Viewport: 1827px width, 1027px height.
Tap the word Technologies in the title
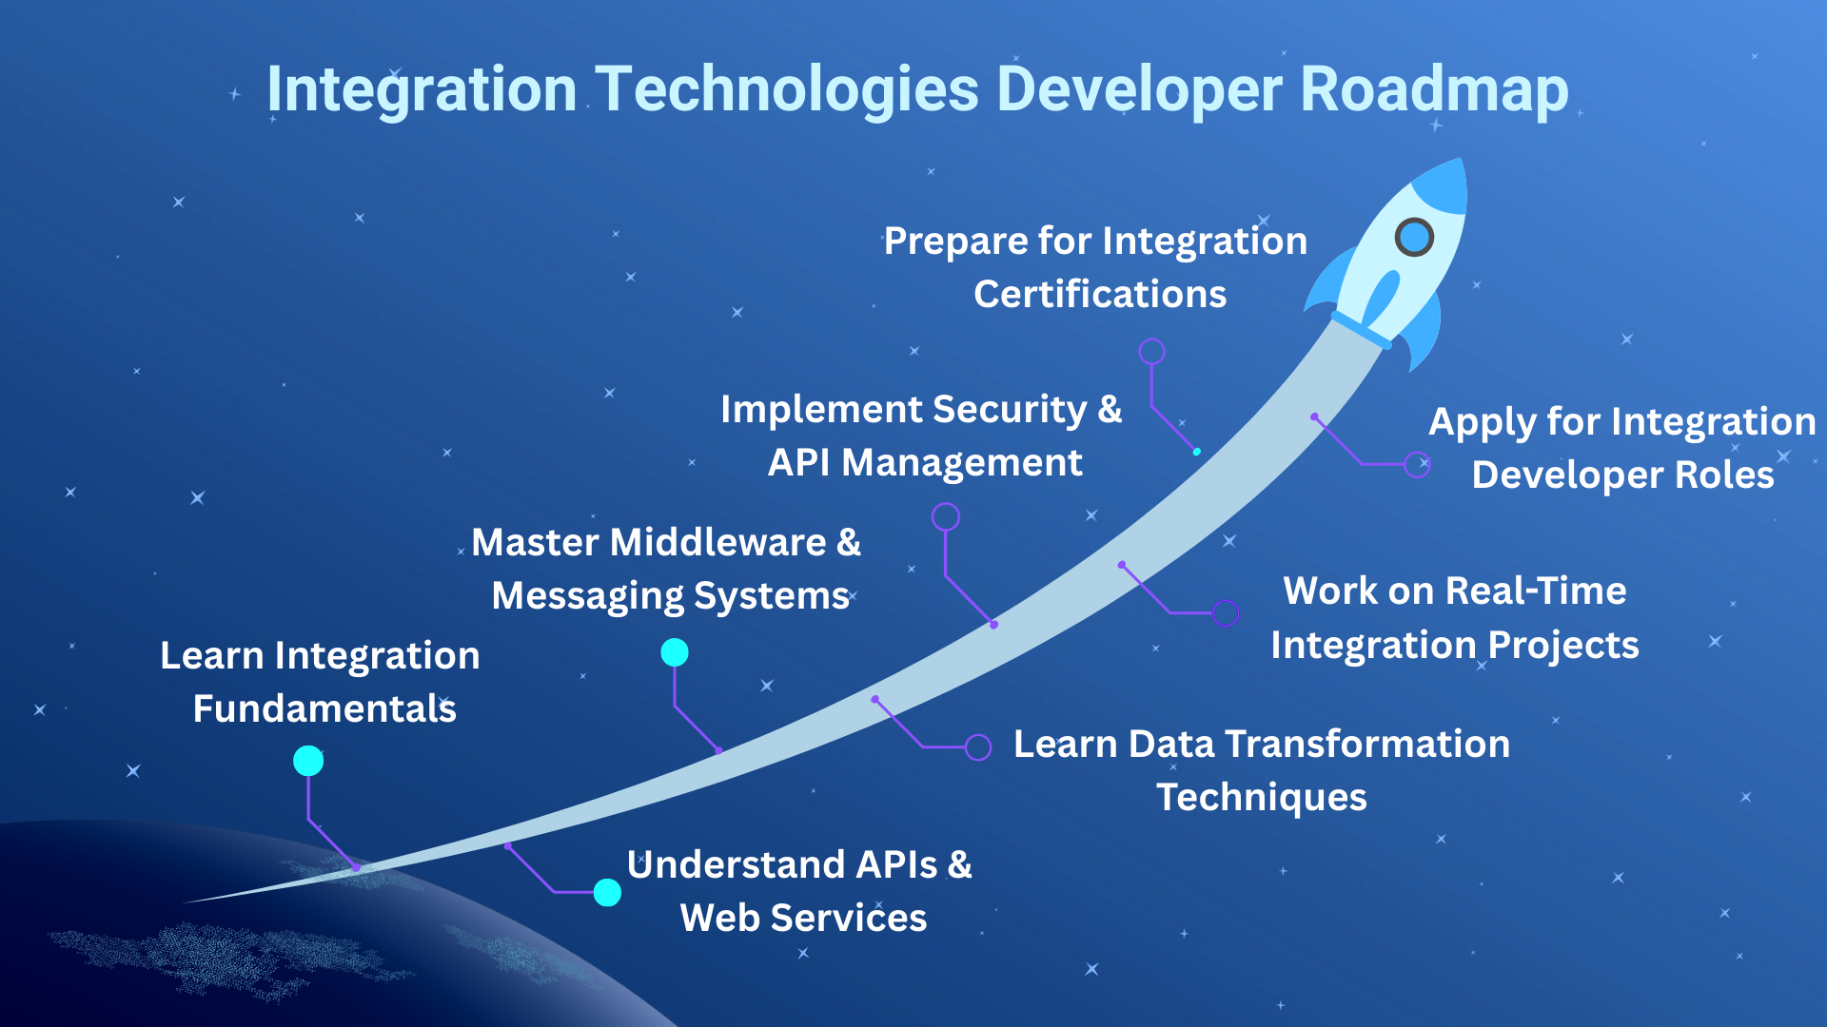788,89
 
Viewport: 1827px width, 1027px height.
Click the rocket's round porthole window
1414,237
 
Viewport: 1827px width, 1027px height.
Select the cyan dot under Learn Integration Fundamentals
308,761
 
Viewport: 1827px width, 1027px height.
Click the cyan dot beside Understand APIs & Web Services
607,892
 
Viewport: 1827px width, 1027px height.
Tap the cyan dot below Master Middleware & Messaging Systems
675,652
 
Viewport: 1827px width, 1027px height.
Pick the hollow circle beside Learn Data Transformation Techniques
978,746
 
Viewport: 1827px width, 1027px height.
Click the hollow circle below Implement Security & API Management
945,516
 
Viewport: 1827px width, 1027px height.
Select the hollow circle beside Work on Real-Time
1226,613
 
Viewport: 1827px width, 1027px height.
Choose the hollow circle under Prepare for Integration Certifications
1151,352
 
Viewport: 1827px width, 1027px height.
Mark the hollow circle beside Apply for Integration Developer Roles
1418,464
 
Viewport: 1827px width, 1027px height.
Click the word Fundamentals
324,708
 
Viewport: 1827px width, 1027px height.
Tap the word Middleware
717,542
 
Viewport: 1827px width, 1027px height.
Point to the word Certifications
1100,294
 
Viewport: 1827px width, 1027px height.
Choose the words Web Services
803,918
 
